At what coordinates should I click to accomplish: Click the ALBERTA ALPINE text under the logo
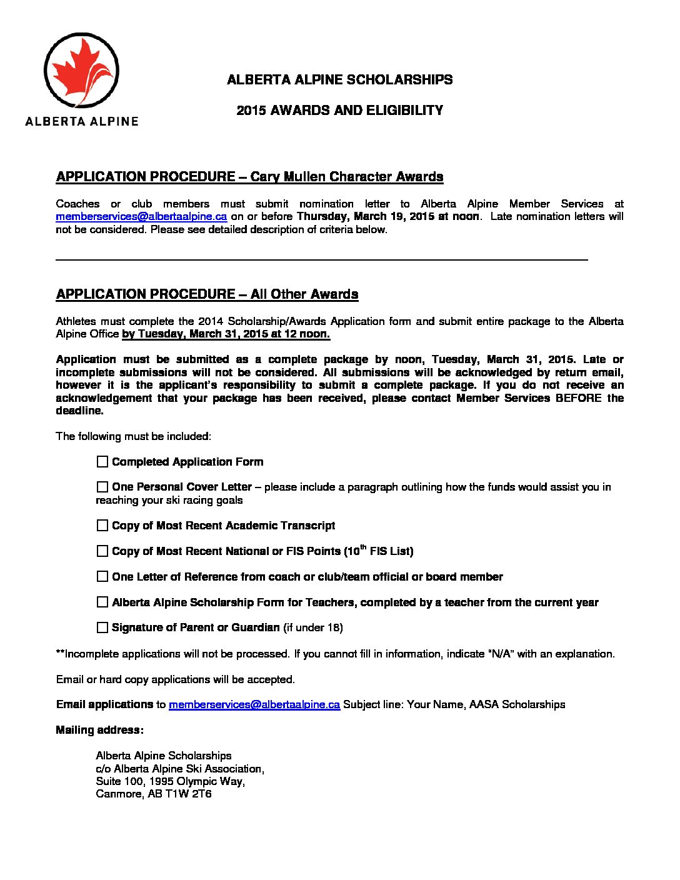pos(81,121)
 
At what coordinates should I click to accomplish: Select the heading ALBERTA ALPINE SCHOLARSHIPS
pos(339,80)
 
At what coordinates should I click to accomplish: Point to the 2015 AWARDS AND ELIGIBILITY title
pos(339,111)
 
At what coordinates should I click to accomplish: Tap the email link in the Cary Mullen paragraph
pos(141,217)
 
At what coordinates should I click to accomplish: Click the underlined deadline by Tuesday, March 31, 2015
pos(226,334)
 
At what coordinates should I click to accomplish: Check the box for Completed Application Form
pos(102,462)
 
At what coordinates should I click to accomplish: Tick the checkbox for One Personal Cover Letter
pos(102,487)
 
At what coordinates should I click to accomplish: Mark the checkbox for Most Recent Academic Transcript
pos(102,526)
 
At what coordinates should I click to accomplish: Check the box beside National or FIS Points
pos(102,551)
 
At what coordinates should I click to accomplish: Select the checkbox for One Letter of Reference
pos(102,577)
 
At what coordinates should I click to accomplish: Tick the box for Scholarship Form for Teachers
pos(102,602)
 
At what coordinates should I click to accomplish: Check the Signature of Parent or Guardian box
pos(102,627)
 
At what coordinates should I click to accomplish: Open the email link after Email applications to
pos(254,705)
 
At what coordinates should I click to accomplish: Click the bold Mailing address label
pos(99,731)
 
